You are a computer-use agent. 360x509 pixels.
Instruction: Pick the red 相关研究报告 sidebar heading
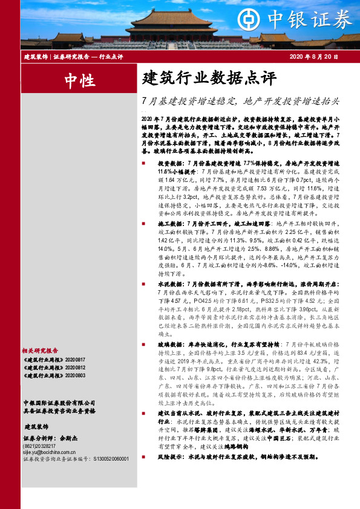tap(39, 350)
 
